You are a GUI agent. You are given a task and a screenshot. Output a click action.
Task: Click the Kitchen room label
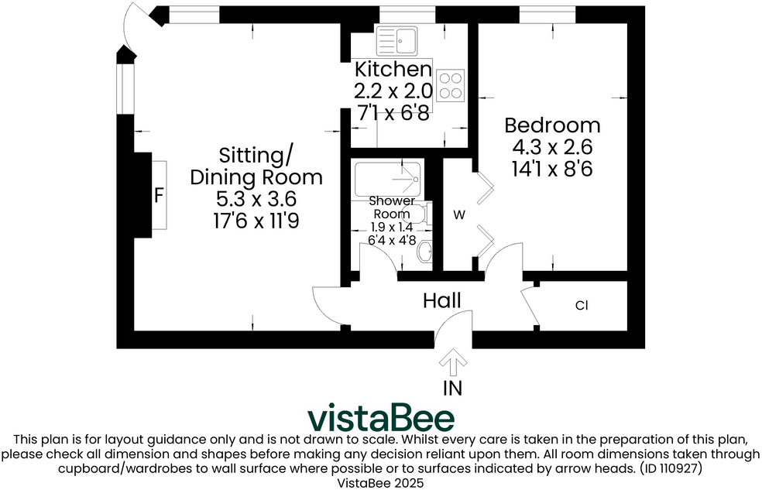[x=393, y=69]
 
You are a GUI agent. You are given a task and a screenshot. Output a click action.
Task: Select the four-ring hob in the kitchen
[x=451, y=85]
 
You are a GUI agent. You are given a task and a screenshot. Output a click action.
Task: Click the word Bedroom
[x=552, y=125]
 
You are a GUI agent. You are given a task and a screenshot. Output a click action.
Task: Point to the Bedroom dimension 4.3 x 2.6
[x=552, y=147]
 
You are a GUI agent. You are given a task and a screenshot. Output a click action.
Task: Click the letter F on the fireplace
[x=158, y=195]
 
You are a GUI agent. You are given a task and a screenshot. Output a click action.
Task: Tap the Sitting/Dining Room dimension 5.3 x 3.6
[x=256, y=199]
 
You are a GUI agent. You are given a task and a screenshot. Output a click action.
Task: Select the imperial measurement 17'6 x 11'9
[x=256, y=221]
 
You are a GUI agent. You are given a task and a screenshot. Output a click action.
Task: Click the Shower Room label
[x=394, y=207]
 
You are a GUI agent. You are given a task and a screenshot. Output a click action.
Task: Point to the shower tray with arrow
[x=387, y=180]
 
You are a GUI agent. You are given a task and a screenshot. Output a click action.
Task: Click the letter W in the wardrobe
[x=458, y=215]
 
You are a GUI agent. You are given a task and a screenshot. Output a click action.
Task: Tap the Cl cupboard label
[x=582, y=306]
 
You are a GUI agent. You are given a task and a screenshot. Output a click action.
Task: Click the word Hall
[x=442, y=300]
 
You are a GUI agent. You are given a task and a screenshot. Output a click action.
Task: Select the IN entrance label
[x=452, y=387]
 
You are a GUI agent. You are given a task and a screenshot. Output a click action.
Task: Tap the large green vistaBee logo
[x=381, y=418]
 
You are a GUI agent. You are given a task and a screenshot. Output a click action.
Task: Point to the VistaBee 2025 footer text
[x=381, y=481]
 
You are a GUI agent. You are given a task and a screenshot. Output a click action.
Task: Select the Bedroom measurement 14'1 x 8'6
[x=552, y=169]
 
